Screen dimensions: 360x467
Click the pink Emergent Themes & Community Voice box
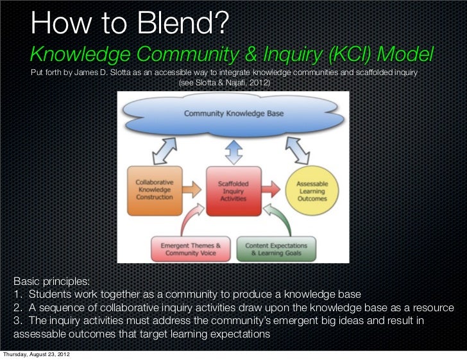click(190, 248)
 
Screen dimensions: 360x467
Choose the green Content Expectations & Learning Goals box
click(278, 248)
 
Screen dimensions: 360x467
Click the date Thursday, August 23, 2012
click(36, 354)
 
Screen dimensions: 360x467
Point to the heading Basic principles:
click(52, 282)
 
